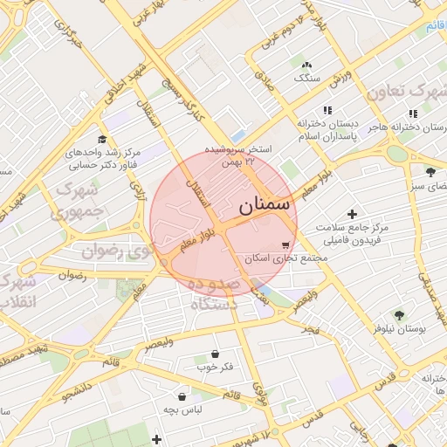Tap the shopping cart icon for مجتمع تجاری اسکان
pos(285,245)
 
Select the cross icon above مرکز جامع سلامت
pos(352,214)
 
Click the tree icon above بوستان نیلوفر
pos(399,315)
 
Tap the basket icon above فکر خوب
pos(215,354)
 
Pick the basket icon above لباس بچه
pos(182,396)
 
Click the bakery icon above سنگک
pos(306,65)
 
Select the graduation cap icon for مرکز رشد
pos(102,139)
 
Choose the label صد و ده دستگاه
pos(213,295)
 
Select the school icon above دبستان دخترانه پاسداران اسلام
pos(327,111)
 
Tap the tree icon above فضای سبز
pos(430,171)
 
